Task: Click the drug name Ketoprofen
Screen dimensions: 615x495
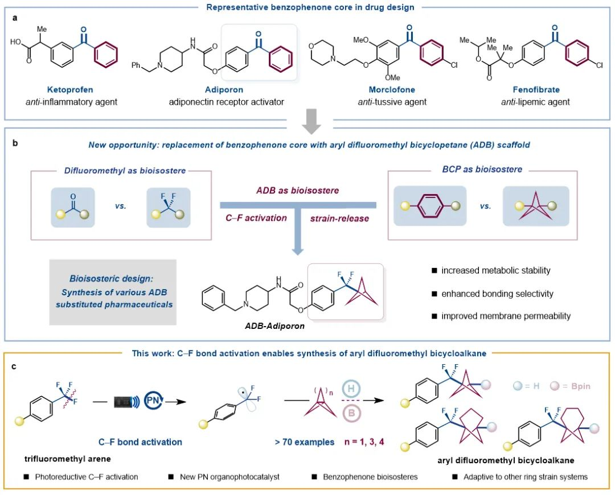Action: (70, 90)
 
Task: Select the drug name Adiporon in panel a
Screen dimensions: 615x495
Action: (224, 90)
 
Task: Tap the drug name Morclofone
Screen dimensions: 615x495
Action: (392, 90)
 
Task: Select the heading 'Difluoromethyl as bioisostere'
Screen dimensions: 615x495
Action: (125, 171)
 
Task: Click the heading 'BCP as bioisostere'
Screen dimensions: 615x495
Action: (482, 170)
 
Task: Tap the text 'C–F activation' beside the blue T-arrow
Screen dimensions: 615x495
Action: (256, 218)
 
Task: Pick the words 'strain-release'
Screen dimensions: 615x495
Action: (339, 218)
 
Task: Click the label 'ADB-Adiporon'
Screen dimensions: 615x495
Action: (274, 326)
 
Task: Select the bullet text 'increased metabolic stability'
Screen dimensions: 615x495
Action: (496, 270)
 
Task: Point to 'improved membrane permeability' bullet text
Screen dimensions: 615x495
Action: (506, 316)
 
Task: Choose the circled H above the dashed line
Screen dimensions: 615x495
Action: (351, 389)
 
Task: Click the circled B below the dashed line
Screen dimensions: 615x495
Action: (351, 413)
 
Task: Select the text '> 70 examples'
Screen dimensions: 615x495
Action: (304, 442)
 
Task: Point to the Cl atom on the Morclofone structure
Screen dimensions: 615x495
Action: (454, 65)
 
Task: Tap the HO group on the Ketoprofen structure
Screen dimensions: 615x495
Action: (16, 42)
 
